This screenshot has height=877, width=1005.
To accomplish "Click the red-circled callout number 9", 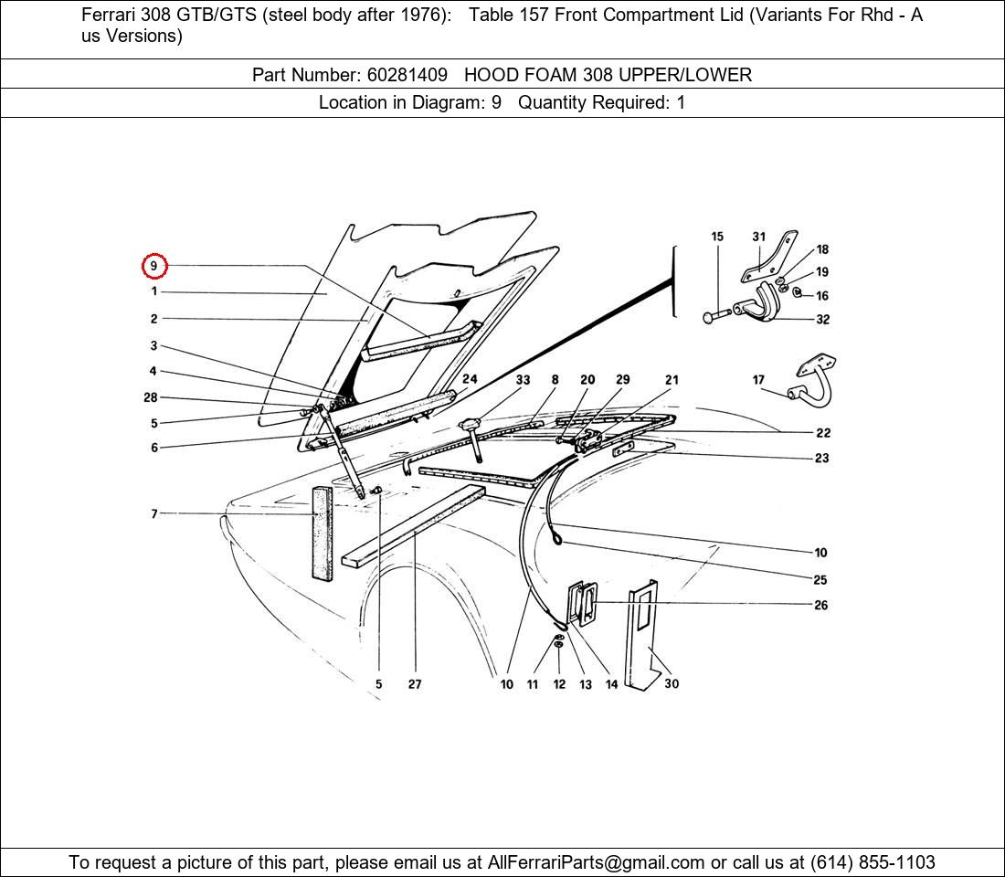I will tap(153, 266).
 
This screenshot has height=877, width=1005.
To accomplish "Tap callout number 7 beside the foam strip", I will tap(154, 514).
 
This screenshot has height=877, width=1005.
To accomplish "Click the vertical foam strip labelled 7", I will tap(322, 534).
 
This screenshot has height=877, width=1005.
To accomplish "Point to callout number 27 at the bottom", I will tap(415, 684).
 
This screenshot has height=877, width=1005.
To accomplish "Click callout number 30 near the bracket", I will tap(672, 683).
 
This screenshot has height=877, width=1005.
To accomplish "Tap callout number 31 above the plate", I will tap(758, 237).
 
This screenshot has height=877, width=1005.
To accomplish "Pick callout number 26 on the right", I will tap(820, 605).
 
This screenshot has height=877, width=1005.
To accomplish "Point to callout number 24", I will tap(470, 379).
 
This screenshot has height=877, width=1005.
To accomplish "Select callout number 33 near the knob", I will tap(523, 379).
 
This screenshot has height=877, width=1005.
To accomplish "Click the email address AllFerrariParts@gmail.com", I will tap(597, 862).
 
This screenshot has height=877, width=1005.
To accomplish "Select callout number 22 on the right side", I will tap(822, 432).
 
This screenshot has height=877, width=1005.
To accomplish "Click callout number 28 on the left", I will tap(151, 397).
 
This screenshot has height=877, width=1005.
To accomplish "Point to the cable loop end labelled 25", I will tap(556, 540).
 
